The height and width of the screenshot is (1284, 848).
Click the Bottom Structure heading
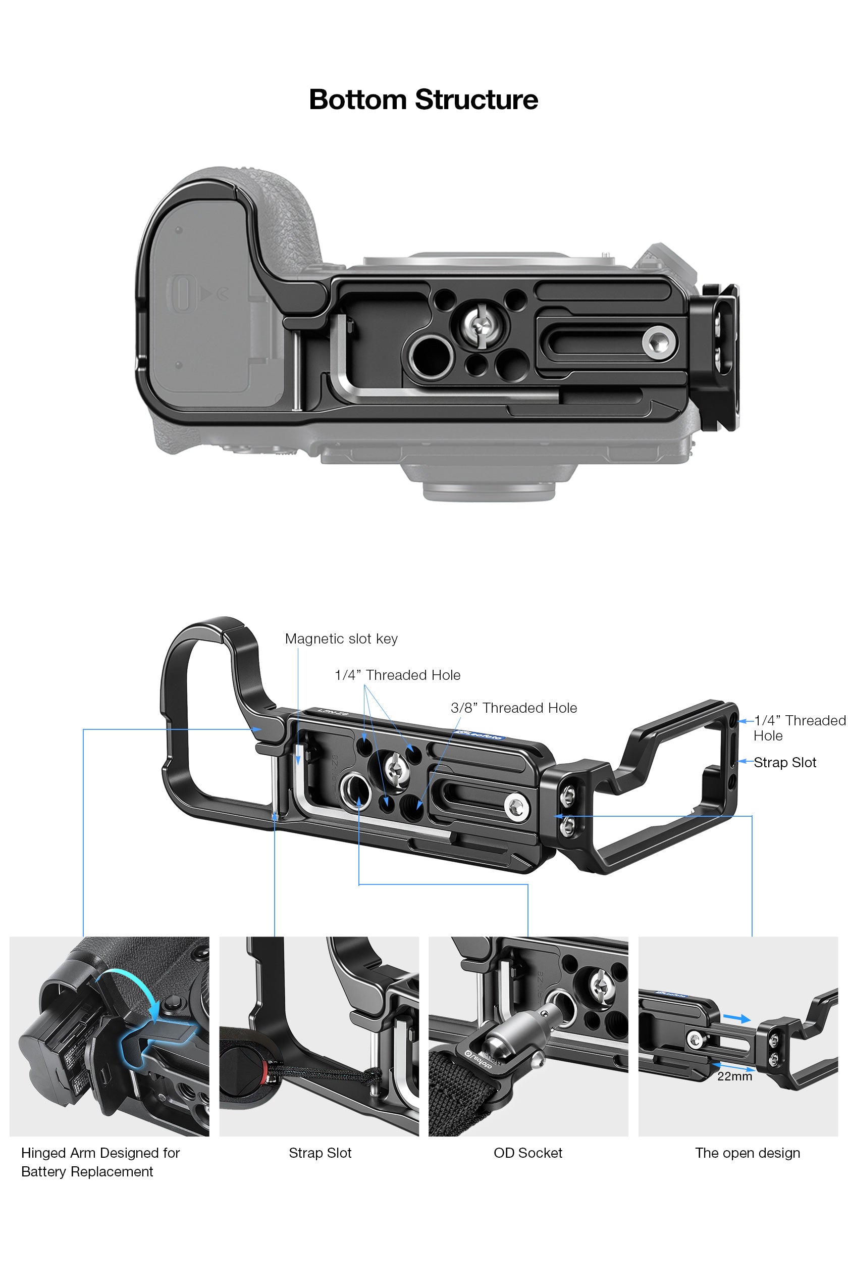pyautogui.click(x=423, y=100)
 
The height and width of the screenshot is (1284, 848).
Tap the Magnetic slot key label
pyautogui.click(x=341, y=639)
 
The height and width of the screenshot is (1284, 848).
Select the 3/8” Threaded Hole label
pyautogui.click(x=514, y=708)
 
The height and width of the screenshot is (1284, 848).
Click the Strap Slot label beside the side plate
pyautogui.click(x=785, y=762)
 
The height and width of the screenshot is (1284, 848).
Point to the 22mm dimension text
pyautogui.click(x=734, y=1076)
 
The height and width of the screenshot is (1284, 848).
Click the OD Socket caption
pyautogui.click(x=528, y=1153)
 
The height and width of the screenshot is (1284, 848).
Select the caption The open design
pyautogui.click(x=748, y=1153)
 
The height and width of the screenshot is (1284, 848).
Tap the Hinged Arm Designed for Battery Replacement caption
pyautogui.click(x=100, y=1162)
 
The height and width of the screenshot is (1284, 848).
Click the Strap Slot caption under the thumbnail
pyautogui.click(x=320, y=1153)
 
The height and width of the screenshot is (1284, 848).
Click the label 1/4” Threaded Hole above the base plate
pyautogui.click(x=398, y=675)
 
